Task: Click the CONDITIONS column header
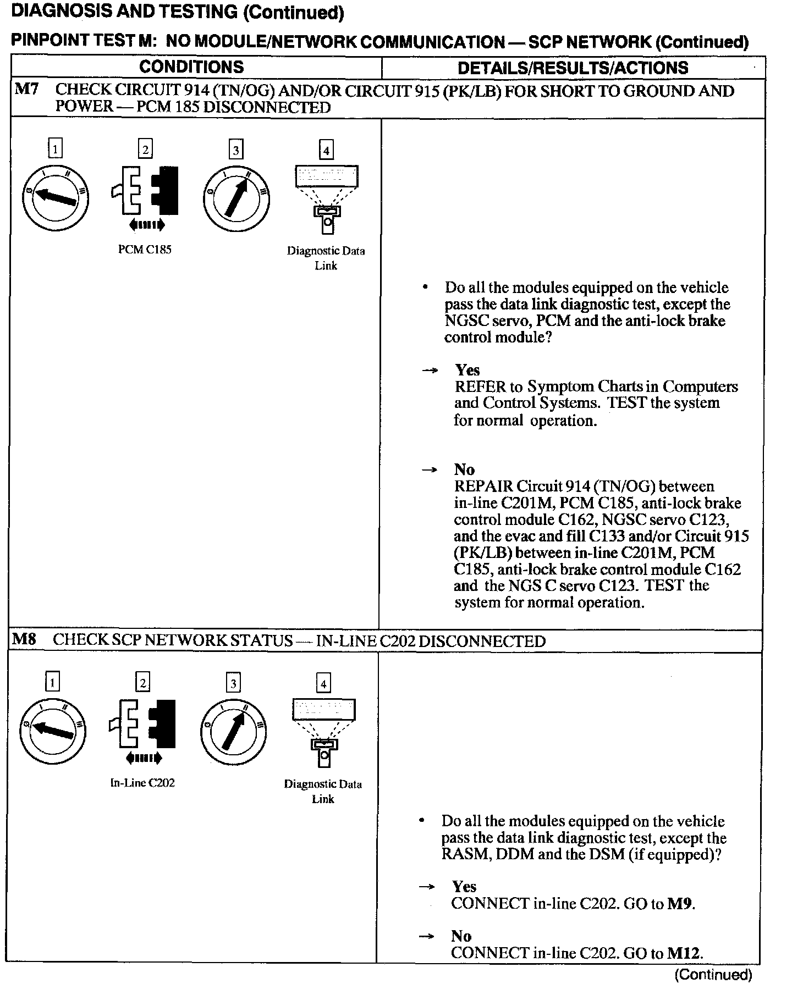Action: (191, 67)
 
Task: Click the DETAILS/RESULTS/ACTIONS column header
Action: (573, 68)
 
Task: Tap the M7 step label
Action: (26, 90)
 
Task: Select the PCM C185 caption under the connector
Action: (145, 250)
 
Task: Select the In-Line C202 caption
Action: (142, 783)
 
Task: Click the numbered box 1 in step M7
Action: (55, 149)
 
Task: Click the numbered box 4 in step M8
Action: (323, 683)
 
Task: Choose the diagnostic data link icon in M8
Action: (324, 732)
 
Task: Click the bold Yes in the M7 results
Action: (467, 370)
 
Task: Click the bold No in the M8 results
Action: (461, 936)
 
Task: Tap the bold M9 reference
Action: (680, 904)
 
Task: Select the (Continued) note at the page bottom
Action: (713, 975)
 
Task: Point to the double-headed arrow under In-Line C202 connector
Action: (144, 759)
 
